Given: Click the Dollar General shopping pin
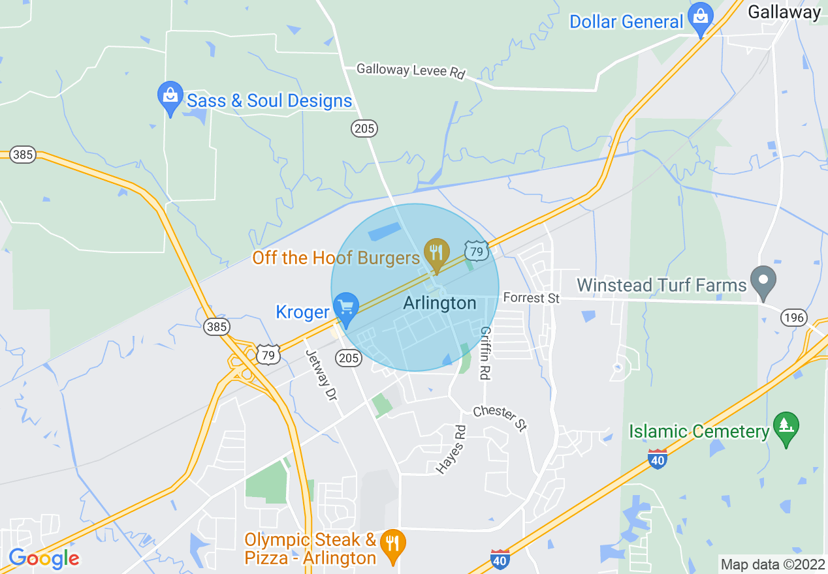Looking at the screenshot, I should tap(701, 20).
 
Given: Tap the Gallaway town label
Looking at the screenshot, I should tap(784, 12).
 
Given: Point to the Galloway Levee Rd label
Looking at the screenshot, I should tap(410, 70).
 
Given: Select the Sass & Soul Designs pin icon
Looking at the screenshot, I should tap(170, 97).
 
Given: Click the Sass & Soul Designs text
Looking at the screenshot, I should tap(269, 101).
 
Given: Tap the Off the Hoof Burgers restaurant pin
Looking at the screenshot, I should tap(436, 254).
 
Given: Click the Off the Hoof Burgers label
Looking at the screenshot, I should tap(336, 258).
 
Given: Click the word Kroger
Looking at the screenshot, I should tap(302, 312).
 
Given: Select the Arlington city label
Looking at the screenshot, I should tap(439, 303).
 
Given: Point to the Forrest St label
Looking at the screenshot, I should tap(532, 298).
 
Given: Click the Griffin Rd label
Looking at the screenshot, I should tap(485, 353).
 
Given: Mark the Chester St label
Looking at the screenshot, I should tap(500, 418).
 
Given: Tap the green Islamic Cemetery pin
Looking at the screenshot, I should tap(786, 427).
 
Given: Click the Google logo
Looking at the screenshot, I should tap(44, 558).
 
